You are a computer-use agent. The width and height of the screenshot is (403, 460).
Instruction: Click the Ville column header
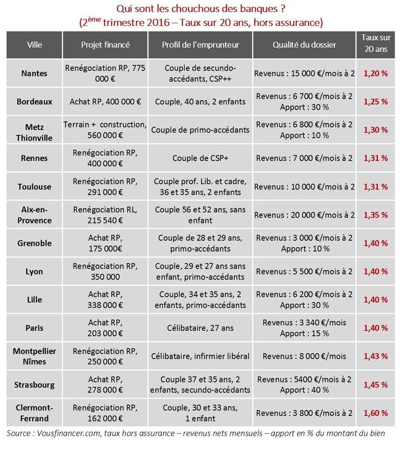pos(34,45)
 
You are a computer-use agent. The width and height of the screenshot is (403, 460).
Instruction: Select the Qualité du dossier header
pos(304,45)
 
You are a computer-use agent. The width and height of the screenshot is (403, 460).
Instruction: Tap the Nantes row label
pos(34,73)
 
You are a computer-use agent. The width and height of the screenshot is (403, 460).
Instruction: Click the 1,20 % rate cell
pos(376,73)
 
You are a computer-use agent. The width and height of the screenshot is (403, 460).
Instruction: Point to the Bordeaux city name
pos(34,102)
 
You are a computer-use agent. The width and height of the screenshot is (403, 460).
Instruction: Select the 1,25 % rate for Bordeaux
pos(376,102)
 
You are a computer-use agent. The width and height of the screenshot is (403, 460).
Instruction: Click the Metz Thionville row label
pos(34,133)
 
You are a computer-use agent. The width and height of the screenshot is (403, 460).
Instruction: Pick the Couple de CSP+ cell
pos(200,158)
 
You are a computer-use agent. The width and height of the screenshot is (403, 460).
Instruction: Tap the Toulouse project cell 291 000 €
pos(105,187)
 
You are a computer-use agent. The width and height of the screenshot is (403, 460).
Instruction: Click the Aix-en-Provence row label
pos(34,215)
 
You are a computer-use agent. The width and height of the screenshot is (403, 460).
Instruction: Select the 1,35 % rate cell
pos(376,215)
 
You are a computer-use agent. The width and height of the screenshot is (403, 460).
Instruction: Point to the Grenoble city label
pos(34,243)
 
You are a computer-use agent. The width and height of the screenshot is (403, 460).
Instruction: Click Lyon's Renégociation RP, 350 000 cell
pos(105,271)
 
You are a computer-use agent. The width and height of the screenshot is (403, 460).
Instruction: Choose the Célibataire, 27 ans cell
pos(200,328)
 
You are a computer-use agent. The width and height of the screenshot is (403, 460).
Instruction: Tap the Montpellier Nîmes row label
pos(34,356)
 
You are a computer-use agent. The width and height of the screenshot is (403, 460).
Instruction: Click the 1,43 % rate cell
pos(376,356)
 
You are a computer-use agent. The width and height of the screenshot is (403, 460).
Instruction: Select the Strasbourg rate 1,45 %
pos(376,385)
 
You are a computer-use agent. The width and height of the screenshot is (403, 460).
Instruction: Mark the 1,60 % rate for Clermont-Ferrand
pos(376,413)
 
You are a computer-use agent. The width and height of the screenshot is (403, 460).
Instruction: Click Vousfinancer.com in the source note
pos(69,433)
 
